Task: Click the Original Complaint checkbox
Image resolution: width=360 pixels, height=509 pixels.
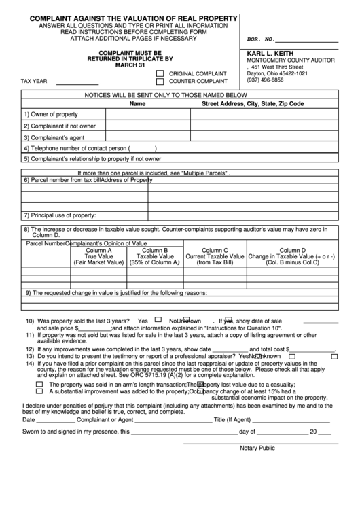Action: point(160,73)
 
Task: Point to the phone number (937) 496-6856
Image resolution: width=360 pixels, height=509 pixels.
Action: point(266,80)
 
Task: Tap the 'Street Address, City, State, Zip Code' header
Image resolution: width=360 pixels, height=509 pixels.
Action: point(253,104)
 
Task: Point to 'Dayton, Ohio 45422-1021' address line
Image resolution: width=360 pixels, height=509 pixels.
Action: point(277,73)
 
